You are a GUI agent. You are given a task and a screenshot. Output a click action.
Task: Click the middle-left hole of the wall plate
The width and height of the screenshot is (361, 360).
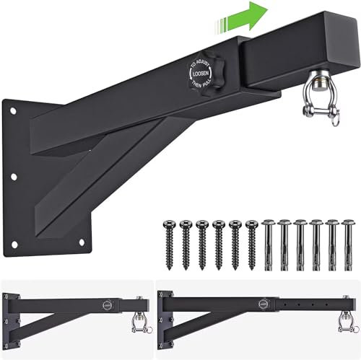[14, 175]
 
